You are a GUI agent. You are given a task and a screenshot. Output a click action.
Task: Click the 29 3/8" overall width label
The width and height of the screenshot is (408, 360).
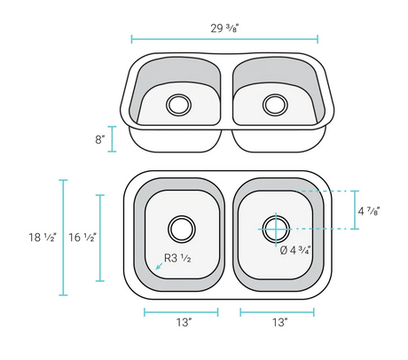pyautogui.click(x=224, y=28)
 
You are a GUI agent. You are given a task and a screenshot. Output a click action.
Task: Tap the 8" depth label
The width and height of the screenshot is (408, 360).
pyautogui.click(x=100, y=139)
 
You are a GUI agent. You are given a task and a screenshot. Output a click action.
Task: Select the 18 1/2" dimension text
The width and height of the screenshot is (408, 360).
pyautogui.click(x=43, y=237)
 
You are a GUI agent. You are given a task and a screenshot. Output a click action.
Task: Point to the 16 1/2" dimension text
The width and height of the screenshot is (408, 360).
pyautogui.click(x=82, y=237)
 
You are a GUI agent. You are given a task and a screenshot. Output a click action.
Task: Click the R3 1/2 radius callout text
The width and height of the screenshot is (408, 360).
pyautogui.click(x=177, y=258)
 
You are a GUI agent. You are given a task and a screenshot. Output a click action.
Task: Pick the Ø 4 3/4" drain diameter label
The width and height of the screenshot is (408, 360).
pyautogui.click(x=295, y=250)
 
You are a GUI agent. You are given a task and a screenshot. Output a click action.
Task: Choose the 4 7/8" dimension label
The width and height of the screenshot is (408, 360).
pyautogui.click(x=368, y=211)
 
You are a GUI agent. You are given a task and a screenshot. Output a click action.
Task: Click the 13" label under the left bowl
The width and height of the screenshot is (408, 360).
pyautogui.click(x=184, y=322)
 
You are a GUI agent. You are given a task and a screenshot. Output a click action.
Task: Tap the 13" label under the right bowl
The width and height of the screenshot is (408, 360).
pyautogui.click(x=279, y=322)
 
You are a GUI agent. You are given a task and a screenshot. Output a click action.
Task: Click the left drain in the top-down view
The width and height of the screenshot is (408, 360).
pyautogui.click(x=182, y=229)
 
